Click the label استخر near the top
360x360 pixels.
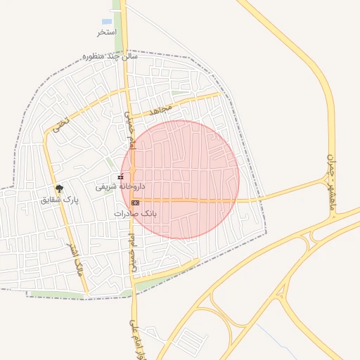tap(106, 33)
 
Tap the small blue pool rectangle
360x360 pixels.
tap(107, 22)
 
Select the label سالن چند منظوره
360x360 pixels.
tap(110, 56)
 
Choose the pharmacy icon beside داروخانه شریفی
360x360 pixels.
tap(121, 176)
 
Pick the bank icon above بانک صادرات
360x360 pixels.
tap(135, 202)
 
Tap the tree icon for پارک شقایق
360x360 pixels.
tap(60, 188)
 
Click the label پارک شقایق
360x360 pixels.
tap(60, 200)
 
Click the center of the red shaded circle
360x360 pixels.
tap(180, 179)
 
